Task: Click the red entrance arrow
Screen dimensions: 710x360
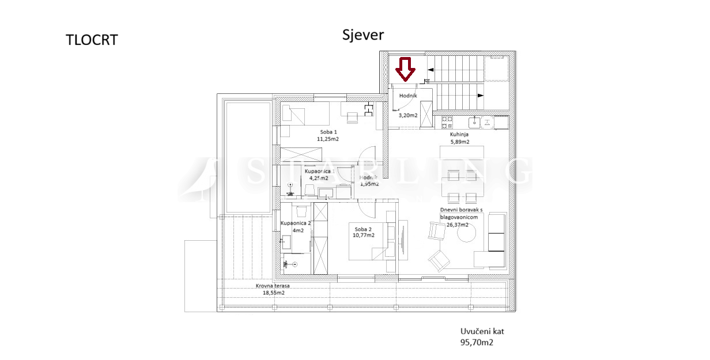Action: (405, 69)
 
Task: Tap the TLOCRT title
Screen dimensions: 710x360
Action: (92, 40)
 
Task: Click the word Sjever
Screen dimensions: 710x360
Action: (363, 35)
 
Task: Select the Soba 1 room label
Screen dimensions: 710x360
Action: (328, 132)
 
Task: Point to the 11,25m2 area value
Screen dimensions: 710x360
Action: (328, 139)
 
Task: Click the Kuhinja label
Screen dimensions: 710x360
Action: (459, 134)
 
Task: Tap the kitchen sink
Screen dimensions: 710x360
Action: (474, 122)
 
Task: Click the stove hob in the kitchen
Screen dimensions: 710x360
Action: (447, 123)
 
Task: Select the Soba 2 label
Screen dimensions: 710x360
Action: (363, 229)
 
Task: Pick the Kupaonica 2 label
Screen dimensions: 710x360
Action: (296, 223)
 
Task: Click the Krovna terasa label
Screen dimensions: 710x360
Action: (273, 286)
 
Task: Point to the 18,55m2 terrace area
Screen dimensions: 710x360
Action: (274, 293)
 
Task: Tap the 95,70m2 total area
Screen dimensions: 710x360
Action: (477, 342)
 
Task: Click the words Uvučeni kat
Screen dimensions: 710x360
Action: (482, 331)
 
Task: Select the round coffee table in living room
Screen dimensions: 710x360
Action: (466, 233)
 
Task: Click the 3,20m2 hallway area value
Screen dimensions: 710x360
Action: (408, 115)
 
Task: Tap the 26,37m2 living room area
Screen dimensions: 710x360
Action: (458, 225)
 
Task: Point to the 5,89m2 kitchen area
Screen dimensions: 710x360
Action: (460, 142)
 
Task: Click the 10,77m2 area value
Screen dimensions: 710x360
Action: (364, 236)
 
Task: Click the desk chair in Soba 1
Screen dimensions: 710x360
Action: (352, 118)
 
